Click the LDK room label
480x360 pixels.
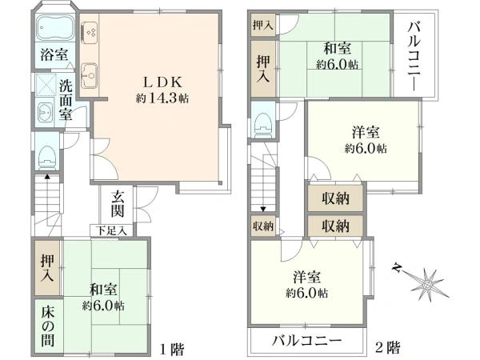[x=163, y=82]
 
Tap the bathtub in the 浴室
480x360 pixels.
[x=54, y=27]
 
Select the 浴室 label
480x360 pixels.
[x=54, y=55]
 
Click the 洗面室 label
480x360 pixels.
[x=66, y=100]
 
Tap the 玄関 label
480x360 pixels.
[x=118, y=203]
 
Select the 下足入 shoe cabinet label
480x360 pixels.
[x=111, y=230]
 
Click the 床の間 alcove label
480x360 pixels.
[x=48, y=327]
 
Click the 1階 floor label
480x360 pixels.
[x=172, y=348]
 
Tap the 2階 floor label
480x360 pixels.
[x=387, y=347]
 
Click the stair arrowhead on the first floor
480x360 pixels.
[x=47, y=176]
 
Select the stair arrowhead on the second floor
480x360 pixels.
[x=263, y=209]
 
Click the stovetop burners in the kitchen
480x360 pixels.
[x=90, y=32]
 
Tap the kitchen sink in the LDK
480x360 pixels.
[x=90, y=76]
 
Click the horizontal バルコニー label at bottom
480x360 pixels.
[x=306, y=341]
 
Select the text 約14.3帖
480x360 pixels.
[x=162, y=98]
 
